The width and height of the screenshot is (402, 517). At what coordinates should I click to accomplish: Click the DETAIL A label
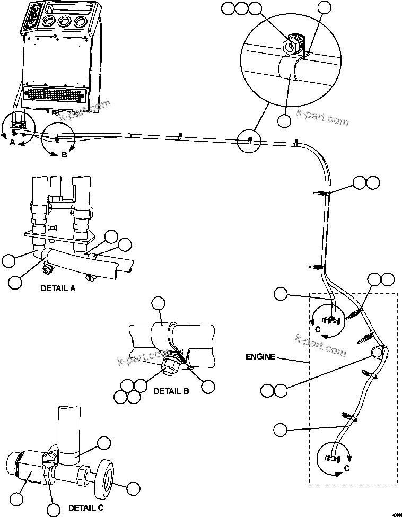[x=58, y=288]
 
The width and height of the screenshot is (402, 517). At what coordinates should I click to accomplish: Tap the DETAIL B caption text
[x=171, y=391]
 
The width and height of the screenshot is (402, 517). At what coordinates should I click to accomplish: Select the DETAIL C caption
[x=86, y=508]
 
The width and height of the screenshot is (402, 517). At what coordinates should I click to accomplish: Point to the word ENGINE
[x=260, y=357]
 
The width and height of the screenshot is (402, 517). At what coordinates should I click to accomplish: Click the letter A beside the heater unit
[x=12, y=142]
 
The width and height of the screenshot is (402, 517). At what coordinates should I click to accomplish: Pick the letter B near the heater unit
[x=63, y=155]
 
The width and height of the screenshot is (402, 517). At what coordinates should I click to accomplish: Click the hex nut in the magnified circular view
[x=291, y=46]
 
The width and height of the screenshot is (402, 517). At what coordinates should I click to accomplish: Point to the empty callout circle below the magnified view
[x=285, y=120]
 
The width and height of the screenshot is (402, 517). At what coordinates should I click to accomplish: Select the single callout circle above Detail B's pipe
[x=159, y=303]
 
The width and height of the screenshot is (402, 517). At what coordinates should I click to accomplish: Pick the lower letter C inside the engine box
[x=347, y=468]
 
